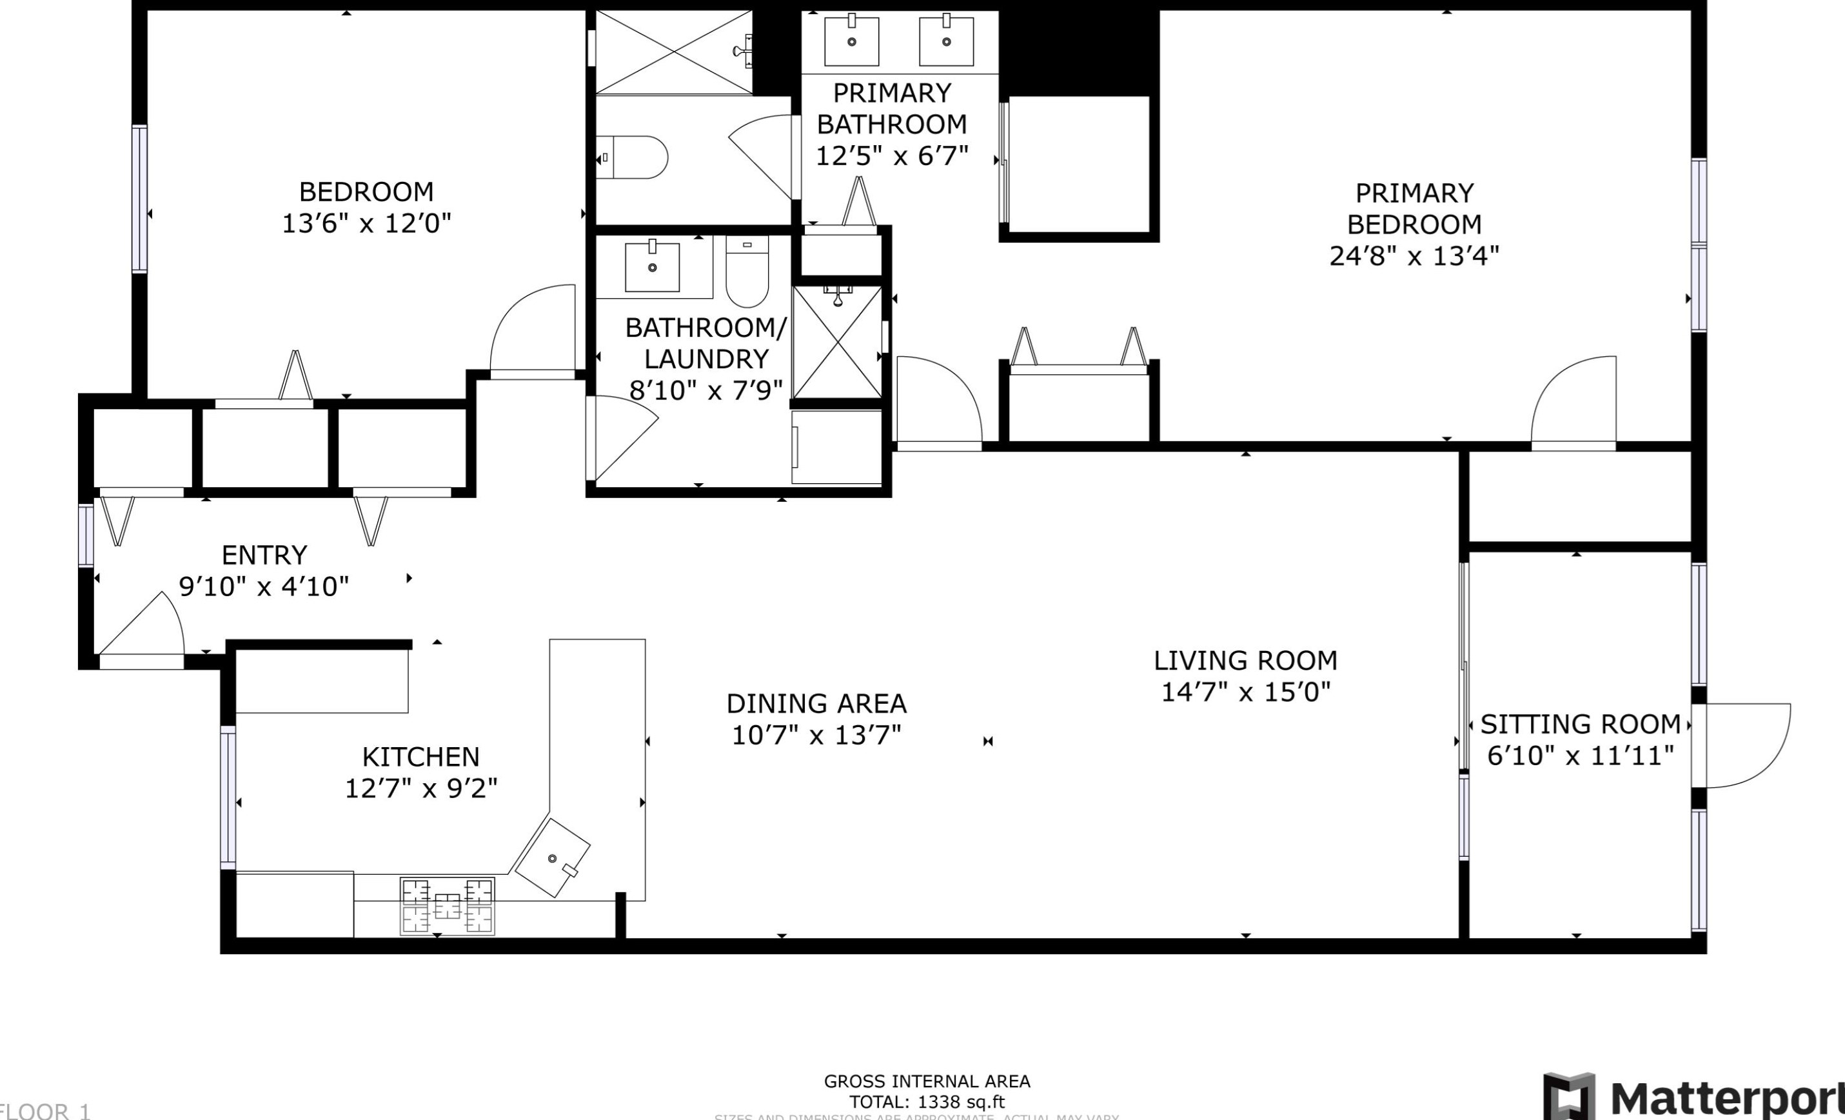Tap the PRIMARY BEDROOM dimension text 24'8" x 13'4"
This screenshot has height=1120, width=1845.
pyautogui.click(x=1414, y=256)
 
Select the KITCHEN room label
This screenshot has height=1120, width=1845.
pyautogui.click(x=421, y=757)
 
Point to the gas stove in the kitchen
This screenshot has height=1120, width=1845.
pyautogui.click(x=447, y=906)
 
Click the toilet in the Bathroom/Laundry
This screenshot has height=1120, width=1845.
pyautogui.click(x=747, y=272)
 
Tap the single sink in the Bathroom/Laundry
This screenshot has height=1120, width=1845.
pyautogui.click(x=652, y=266)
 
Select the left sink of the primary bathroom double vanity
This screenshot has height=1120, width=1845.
pyautogui.click(x=851, y=41)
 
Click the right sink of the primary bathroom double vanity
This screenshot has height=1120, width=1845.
pyautogui.click(x=947, y=41)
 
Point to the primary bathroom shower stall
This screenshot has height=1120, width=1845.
pyautogui.click(x=674, y=52)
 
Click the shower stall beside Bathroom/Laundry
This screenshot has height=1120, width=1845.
pyautogui.click(x=837, y=343)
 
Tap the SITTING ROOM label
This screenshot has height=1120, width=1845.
pyautogui.click(x=1580, y=724)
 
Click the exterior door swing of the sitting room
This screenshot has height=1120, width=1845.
pyautogui.click(x=1744, y=745)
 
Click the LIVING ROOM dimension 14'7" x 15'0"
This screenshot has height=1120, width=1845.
pyautogui.click(x=1245, y=692)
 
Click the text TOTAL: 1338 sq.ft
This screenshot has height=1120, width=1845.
pyautogui.click(x=926, y=1102)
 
